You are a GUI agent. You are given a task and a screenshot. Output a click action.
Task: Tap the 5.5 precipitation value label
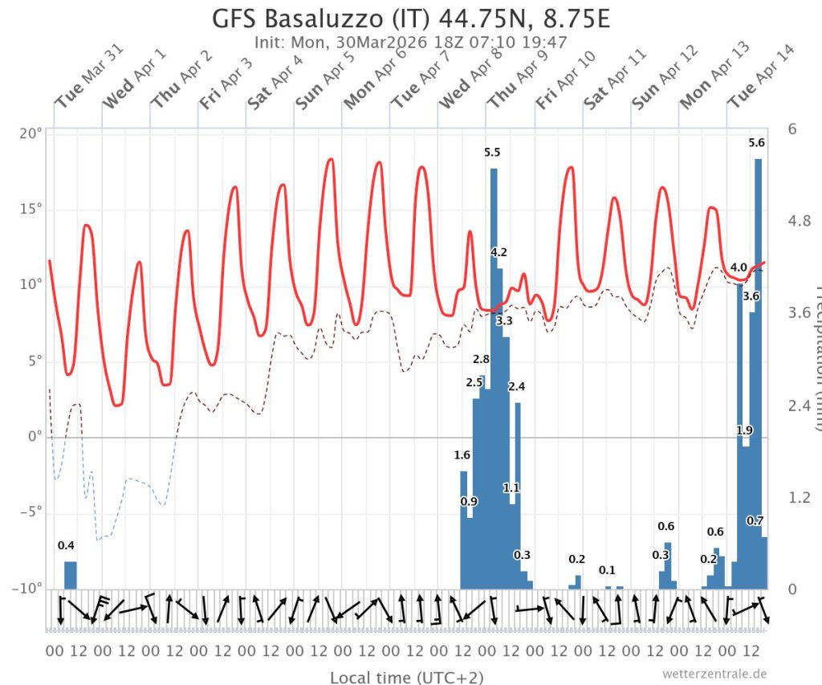pos(492,153)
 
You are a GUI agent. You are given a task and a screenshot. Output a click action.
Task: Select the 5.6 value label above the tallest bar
pos(756,143)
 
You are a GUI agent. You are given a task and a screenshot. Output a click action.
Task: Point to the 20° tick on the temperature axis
pos(31,133)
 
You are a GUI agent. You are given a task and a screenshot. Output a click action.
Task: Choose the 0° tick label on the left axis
pos(35,438)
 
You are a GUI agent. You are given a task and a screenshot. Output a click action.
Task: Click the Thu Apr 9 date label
pos(519,88)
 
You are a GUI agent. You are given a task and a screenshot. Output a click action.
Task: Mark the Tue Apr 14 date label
pos(761,88)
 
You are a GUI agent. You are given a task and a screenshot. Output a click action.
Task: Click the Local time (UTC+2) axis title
pos(407,677)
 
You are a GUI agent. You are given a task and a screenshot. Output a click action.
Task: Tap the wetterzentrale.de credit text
pos(715,674)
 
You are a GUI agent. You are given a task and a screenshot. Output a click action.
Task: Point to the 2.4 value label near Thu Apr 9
pos(516,386)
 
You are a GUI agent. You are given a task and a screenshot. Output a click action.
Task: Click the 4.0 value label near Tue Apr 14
pos(739,267)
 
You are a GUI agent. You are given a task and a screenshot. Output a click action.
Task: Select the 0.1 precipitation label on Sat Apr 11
pos(607,570)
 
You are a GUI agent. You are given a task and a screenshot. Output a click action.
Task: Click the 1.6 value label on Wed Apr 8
pos(462,455)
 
